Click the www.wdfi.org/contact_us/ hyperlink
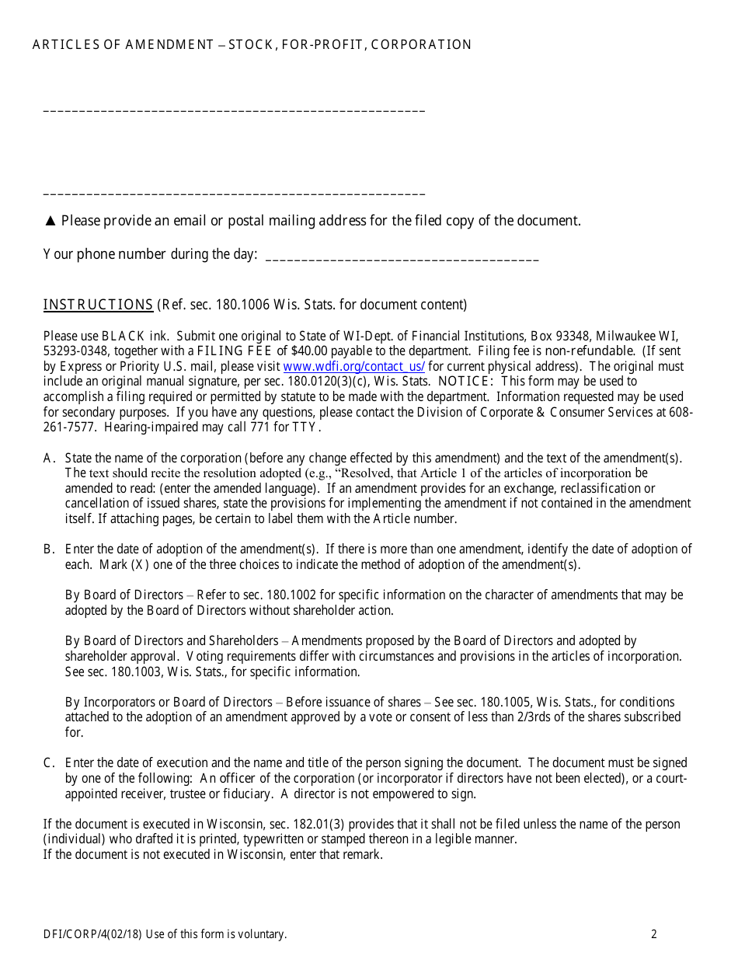tap(353, 367)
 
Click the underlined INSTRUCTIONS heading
tap(98, 305)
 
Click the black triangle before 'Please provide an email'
tap(50, 222)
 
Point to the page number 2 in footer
tap(654, 934)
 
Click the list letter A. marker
tap(48, 458)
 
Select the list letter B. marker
tap(48, 550)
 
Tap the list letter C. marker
tap(48, 764)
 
